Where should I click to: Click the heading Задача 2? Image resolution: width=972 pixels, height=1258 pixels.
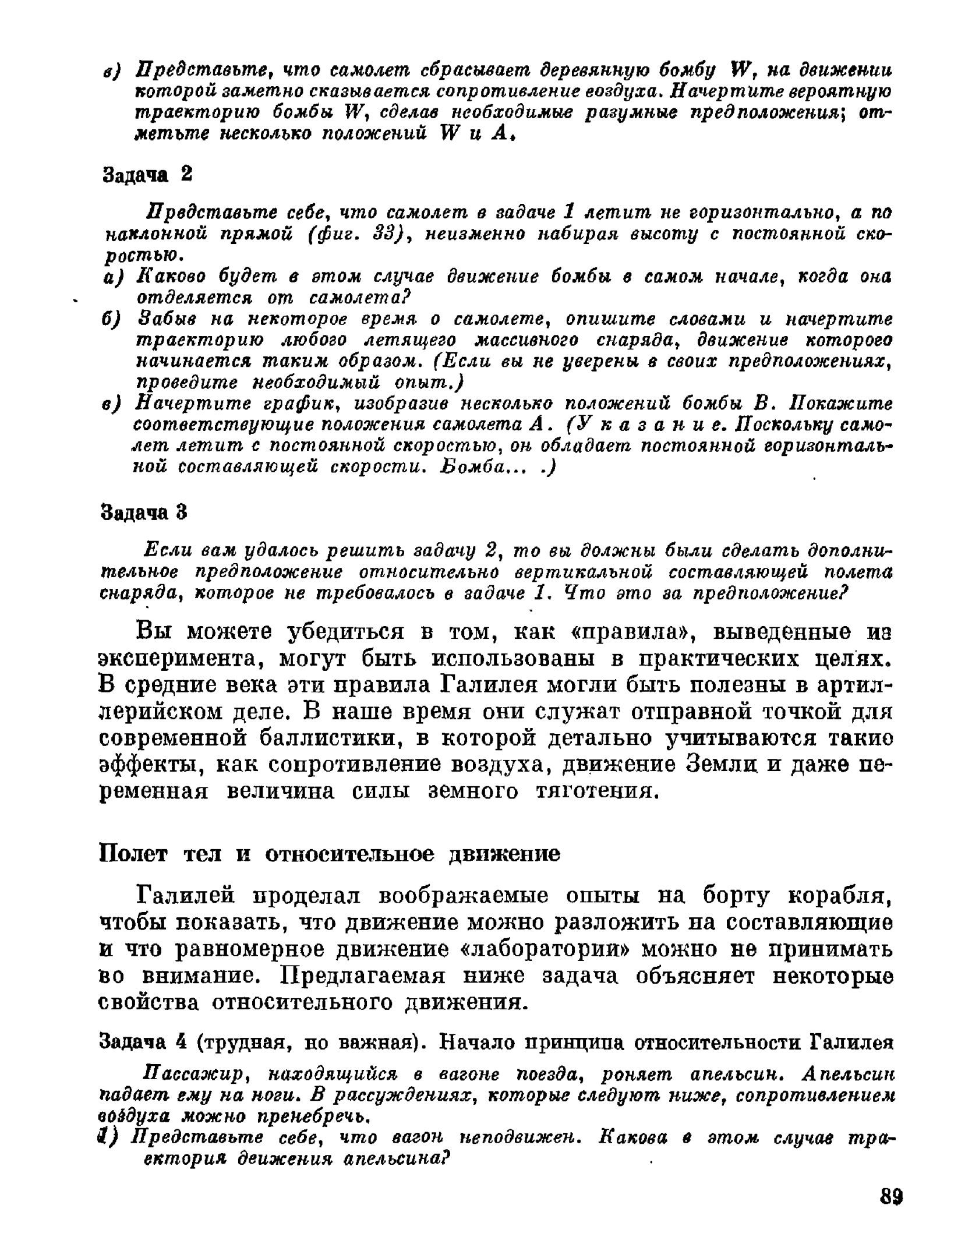147,174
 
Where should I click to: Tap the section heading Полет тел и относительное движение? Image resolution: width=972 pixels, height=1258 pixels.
330,854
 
